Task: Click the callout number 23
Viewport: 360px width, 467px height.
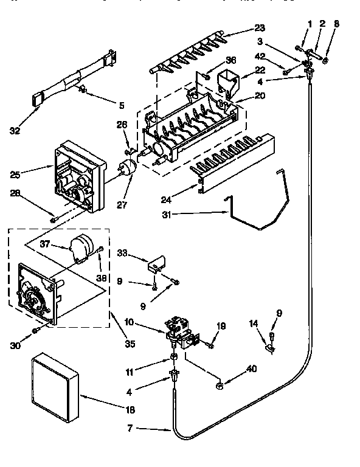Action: (260, 27)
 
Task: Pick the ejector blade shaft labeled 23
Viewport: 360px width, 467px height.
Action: (189, 52)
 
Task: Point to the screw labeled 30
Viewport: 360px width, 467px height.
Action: (36, 329)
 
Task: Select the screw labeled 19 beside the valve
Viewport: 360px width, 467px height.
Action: (209, 344)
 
